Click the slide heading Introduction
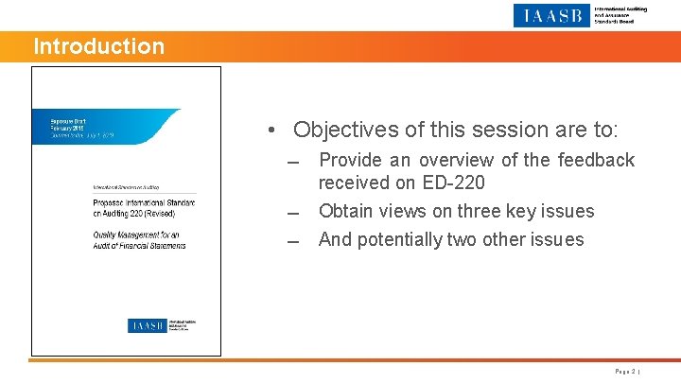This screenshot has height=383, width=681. pyautogui.click(x=98, y=46)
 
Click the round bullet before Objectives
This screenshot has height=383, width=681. pyautogui.click(x=271, y=131)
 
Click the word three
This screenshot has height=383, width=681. pyautogui.click(x=488, y=211)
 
